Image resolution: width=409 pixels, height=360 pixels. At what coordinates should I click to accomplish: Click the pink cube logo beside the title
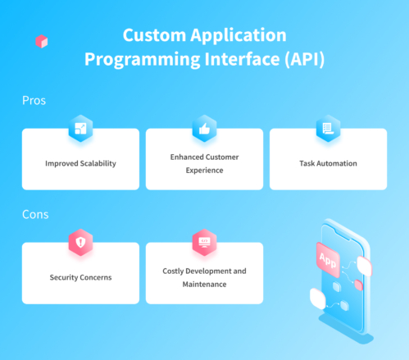click(x=42, y=41)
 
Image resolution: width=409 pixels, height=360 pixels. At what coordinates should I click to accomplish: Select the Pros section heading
click(x=34, y=101)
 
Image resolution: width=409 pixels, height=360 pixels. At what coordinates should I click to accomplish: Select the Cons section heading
click(x=34, y=215)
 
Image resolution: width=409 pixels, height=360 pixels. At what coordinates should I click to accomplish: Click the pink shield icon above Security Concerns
click(x=80, y=242)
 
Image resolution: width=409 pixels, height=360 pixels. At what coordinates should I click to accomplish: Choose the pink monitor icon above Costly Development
click(x=204, y=242)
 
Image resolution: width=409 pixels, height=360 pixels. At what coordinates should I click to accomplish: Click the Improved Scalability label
click(x=80, y=163)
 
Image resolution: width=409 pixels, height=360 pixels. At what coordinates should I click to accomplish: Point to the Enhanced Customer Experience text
click(x=204, y=163)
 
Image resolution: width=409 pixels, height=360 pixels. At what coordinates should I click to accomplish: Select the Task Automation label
click(x=328, y=163)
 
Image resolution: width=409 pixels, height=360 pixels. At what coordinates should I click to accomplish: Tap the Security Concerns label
click(x=80, y=277)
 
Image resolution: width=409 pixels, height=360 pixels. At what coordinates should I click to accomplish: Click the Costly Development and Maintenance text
click(x=204, y=277)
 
